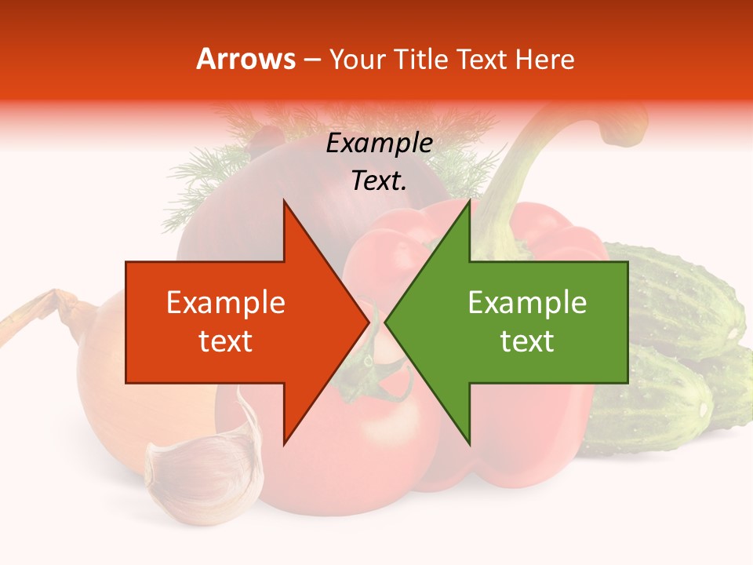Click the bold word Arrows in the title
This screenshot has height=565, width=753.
tap(246, 59)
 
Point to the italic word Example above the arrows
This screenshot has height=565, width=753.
tap(380, 144)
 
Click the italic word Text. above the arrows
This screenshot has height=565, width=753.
tap(380, 181)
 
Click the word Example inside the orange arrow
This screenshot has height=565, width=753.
tap(226, 303)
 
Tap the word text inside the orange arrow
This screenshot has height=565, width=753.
tap(226, 341)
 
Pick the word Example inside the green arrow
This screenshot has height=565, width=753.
tap(527, 303)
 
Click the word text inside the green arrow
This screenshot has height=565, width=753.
tap(527, 341)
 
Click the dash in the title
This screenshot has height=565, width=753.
tap(311, 60)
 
